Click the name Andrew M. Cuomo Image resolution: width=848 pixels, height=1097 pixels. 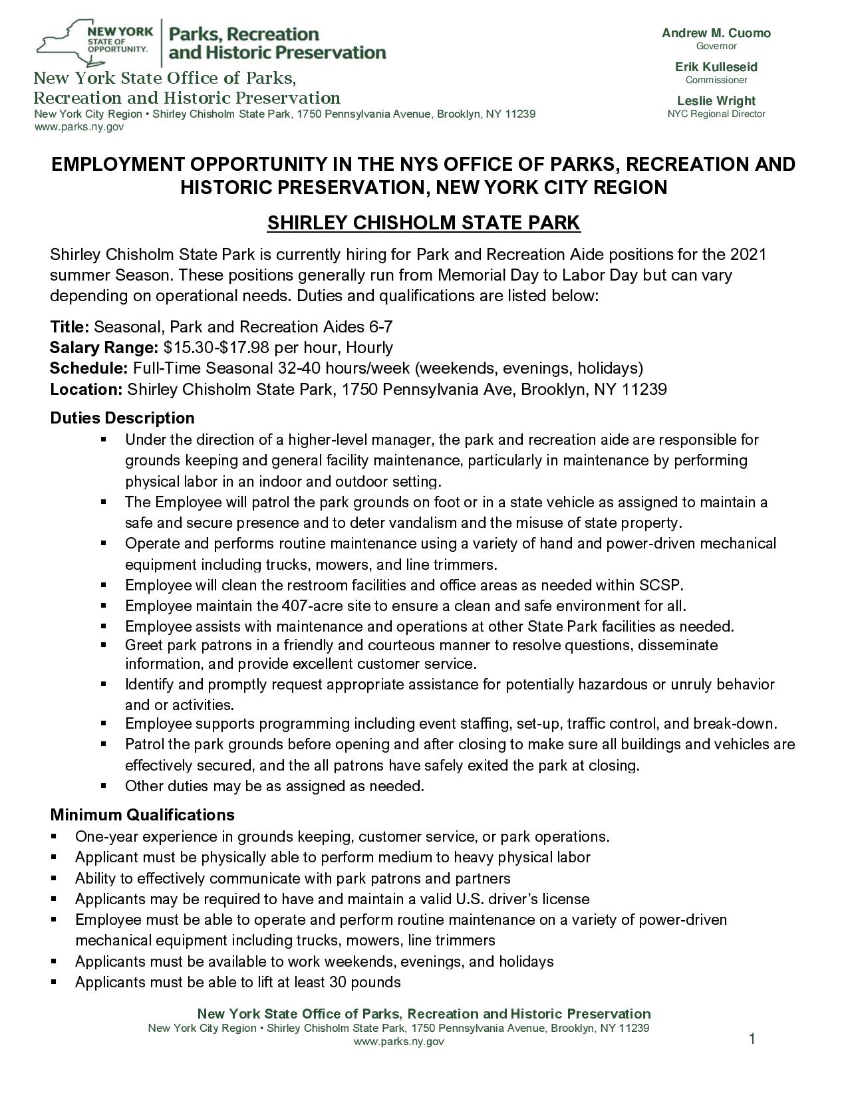coord(716,33)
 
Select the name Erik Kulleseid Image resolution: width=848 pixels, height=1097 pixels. coord(716,67)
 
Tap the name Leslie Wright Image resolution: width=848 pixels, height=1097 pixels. coord(716,101)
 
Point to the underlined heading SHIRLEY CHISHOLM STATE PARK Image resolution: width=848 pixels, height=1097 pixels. coord(424,223)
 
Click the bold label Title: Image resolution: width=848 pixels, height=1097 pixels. coord(70,327)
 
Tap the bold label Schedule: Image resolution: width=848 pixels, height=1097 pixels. coord(88,368)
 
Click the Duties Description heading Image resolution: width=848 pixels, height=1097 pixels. coord(122,418)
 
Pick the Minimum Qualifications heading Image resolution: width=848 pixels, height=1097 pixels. coord(142,815)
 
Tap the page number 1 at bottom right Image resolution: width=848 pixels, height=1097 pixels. coord(752,1038)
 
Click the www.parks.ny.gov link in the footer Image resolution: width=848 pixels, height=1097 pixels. coord(398,1042)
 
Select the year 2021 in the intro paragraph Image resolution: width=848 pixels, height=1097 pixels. coord(748,255)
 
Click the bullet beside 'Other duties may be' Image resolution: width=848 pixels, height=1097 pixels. coord(104,786)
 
